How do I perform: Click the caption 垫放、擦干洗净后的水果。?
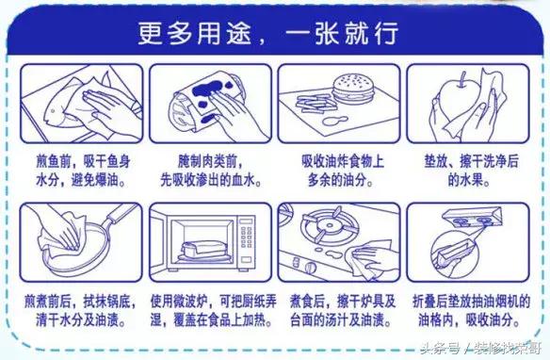pos(472,171)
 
